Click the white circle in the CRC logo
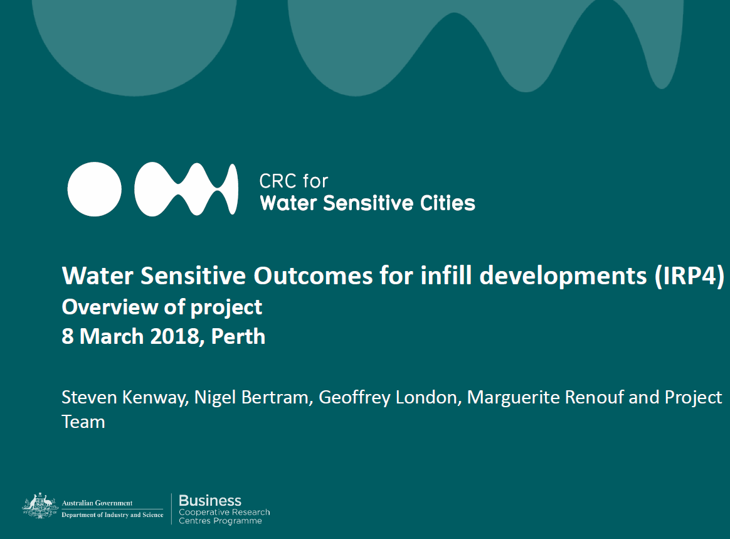(x=95, y=189)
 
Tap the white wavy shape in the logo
(x=186, y=189)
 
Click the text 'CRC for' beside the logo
(x=294, y=181)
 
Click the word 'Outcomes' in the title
(x=305, y=277)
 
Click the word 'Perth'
(x=238, y=336)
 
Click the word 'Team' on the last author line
(x=83, y=422)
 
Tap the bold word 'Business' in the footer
(x=210, y=501)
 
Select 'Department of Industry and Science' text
(x=112, y=515)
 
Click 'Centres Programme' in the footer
(x=220, y=521)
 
